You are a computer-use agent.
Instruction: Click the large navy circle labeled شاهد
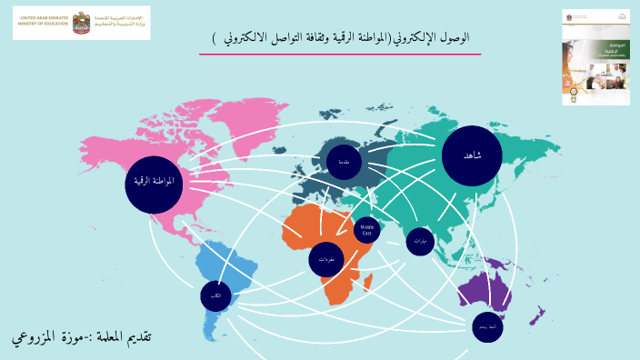pos(472,155)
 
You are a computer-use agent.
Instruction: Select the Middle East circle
pos(367,229)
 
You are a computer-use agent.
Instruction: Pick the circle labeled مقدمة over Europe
pos(344,162)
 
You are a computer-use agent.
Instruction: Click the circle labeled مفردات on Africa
pos(325,259)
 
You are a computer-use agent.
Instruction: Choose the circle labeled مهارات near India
pos(419,242)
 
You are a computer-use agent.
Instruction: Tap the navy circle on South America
pos(215,296)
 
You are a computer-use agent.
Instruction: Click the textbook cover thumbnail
pos(595,56)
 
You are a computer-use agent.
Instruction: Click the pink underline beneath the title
pos(340,55)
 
